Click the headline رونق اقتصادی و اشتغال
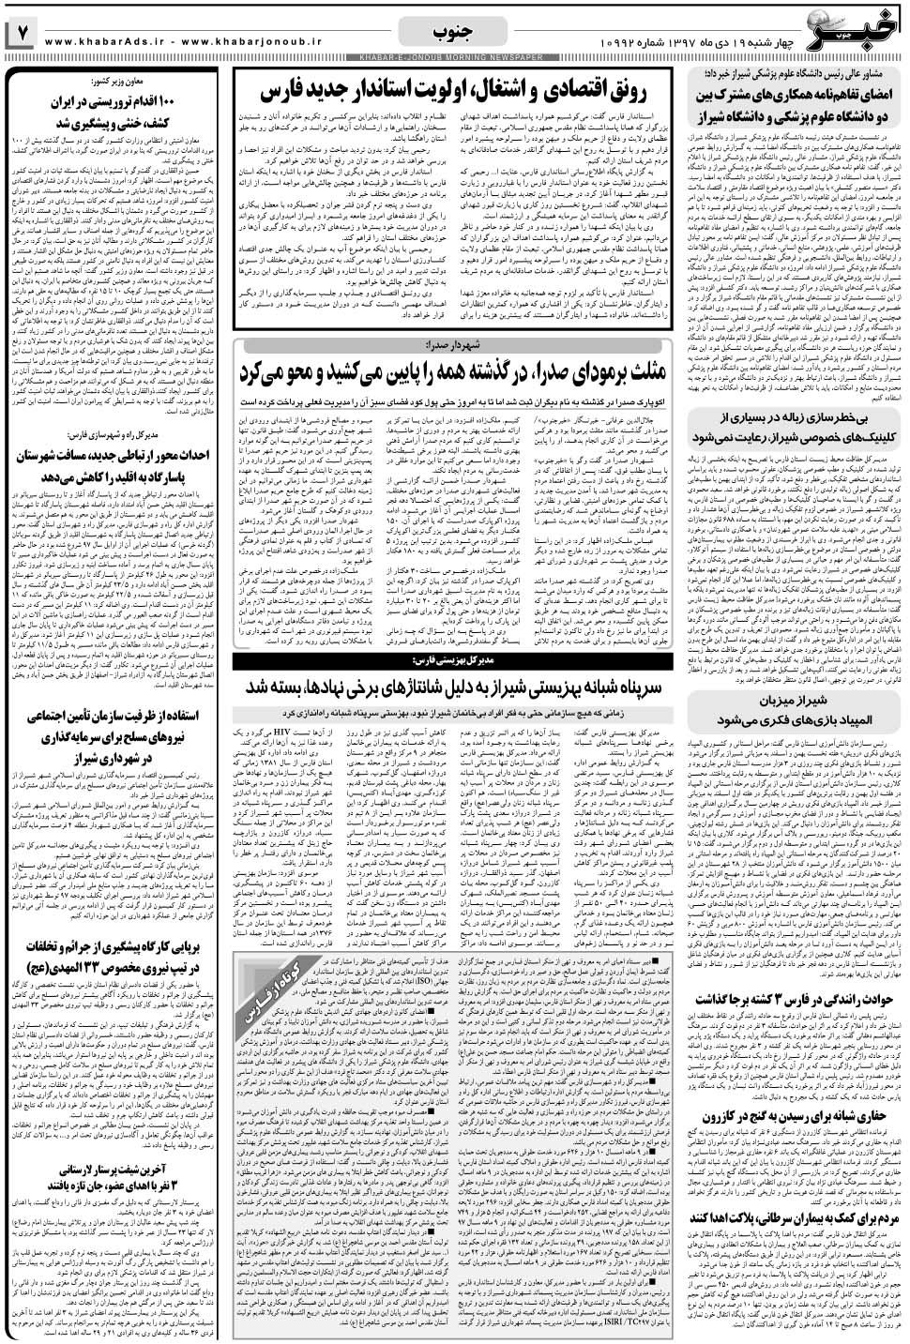pos(463,91)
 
